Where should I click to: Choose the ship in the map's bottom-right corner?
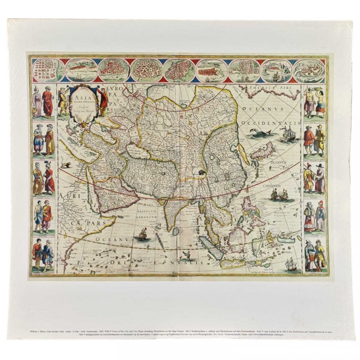coord(291,264)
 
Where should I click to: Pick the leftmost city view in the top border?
coord(47,70)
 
